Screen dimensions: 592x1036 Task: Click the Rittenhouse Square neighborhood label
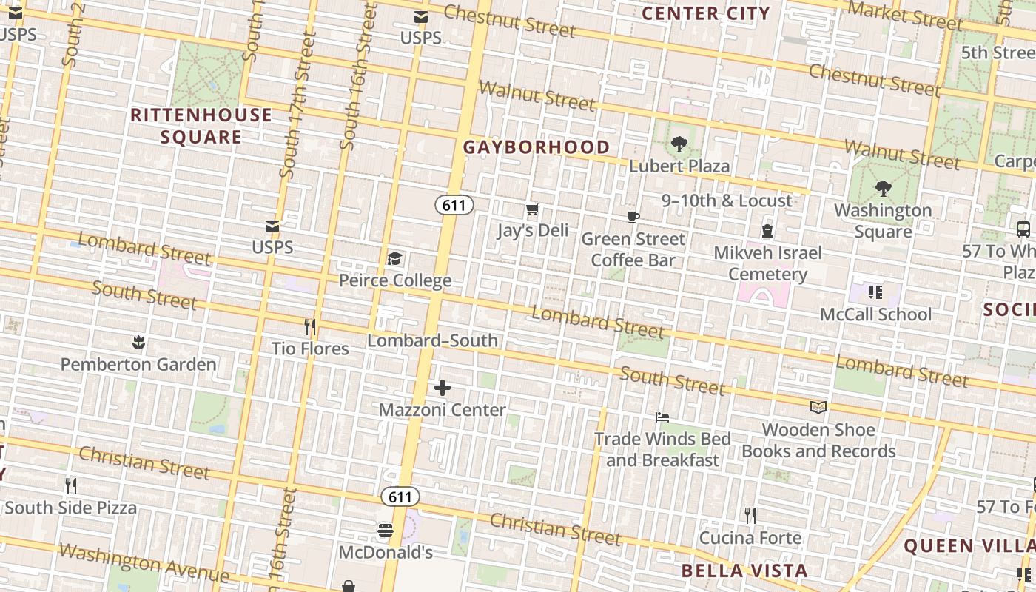pyautogui.click(x=201, y=126)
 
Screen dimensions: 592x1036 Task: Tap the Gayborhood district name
pyautogui.click(x=536, y=147)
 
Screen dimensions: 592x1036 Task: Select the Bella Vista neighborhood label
pyautogui.click(x=744, y=571)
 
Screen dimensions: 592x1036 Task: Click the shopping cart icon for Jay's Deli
pyautogui.click(x=532, y=210)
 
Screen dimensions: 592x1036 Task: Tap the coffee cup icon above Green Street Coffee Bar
pyautogui.click(x=633, y=218)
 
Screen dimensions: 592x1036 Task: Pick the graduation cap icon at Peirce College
pyautogui.click(x=395, y=259)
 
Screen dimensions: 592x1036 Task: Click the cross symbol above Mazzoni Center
pyautogui.click(x=443, y=388)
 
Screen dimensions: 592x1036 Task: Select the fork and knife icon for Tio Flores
pyautogui.click(x=310, y=327)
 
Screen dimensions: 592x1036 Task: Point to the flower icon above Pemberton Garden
pyautogui.click(x=138, y=343)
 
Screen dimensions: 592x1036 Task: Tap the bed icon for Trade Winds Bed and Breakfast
pyautogui.click(x=662, y=418)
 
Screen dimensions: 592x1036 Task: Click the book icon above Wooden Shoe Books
pyautogui.click(x=818, y=408)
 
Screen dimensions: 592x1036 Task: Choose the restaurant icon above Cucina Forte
pyautogui.click(x=750, y=516)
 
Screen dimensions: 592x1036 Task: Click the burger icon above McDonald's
pyautogui.click(x=385, y=531)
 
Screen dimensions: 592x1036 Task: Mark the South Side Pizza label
pyautogui.click(x=71, y=508)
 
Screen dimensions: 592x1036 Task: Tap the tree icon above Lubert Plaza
pyautogui.click(x=679, y=144)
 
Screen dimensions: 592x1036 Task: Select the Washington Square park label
pyautogui.click(x=883, y=221)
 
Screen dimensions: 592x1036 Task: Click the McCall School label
pyautogui.click(x=875, y=314)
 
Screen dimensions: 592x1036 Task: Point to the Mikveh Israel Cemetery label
pyautogui.click(x=767, y=263)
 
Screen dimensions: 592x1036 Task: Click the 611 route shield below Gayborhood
pyautogui.click(x=454, y=205)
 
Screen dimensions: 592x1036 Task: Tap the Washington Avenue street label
pyautogui.click(x=144, y=562)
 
